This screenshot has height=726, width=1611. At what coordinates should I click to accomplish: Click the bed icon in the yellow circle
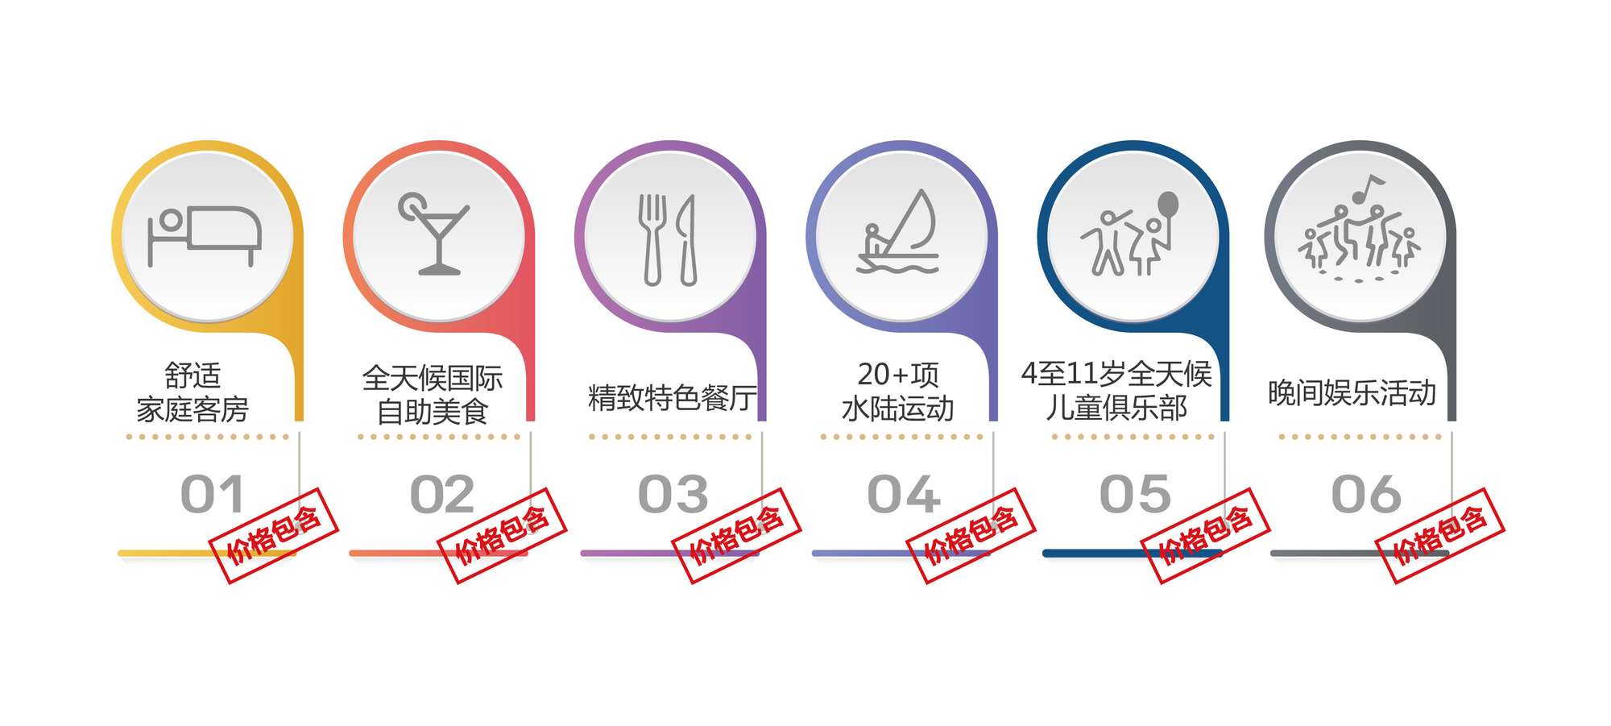coord(205,236)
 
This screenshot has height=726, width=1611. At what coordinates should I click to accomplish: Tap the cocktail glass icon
coord(434,234)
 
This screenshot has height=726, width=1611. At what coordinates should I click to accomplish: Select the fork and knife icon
coord(667,239)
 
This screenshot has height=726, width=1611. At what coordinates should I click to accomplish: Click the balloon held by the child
coord(1168,206)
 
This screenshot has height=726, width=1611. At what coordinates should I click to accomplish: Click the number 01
coord(212,494)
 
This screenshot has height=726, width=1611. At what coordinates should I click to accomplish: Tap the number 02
coord(442,494)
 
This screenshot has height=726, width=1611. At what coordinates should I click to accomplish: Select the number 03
coord(673,494)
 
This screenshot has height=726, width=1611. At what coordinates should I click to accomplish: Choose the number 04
coord(904,494)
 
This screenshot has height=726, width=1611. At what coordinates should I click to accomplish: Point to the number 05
coord(1136,494)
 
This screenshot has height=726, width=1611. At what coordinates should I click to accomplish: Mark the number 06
coord(1366,494)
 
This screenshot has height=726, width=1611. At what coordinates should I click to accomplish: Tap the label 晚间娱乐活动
coord(1352,393)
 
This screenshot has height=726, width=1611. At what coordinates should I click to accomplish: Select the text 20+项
coord(898,375)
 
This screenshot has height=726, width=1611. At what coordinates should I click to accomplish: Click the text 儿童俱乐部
coord(1116,408)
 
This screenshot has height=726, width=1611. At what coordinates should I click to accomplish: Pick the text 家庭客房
coord(193,409)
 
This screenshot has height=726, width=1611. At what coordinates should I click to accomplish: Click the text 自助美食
coord(433,412)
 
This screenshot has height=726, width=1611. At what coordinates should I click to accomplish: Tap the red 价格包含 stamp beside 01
coord(273,535)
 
